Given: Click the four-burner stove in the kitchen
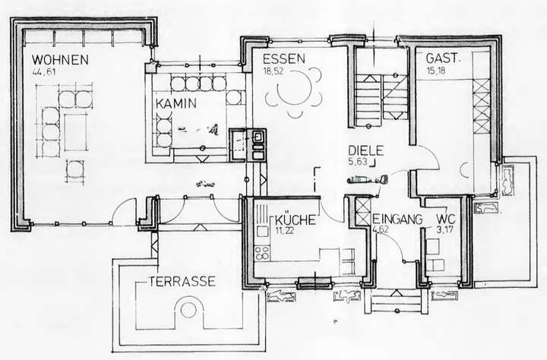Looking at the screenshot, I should click(262, 251).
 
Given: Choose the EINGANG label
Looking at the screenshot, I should click(397, 219).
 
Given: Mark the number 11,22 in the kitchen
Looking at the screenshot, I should click(286, 229).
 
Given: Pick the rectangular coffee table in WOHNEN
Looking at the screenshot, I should click(77, 133).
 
